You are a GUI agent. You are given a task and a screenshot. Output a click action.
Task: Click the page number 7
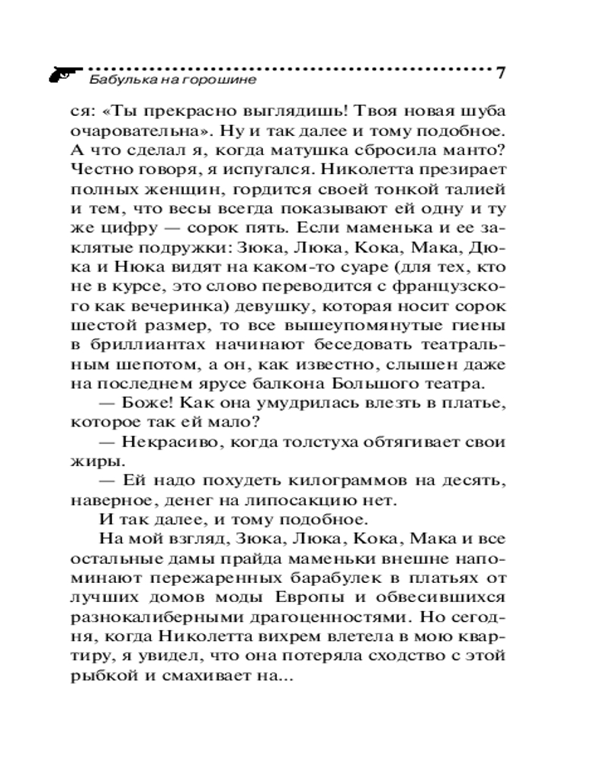tap(501, 73)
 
